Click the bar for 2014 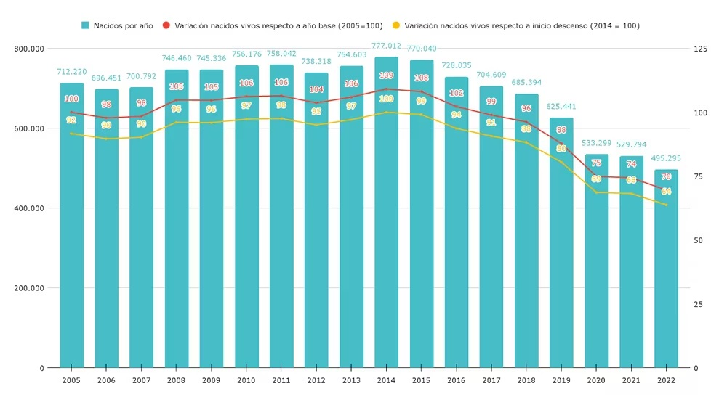click(386, 218)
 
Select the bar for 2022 click(666, 276)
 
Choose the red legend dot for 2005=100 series click(166, 25)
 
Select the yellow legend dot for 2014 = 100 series click(397, 25)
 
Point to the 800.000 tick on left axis click(29, 49)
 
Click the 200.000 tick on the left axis click(29, 288)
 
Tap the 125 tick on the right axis click(701, 49)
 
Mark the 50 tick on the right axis click(699, 240)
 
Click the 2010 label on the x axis click(246, 380)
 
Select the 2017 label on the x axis click(491, 380)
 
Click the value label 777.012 click(386, 46)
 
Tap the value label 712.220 click(71, 72)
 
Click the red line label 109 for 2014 click(386, 75)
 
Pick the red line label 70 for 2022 click(666, 177)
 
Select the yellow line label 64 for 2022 click(666, 192)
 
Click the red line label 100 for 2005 click(71, 99)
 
